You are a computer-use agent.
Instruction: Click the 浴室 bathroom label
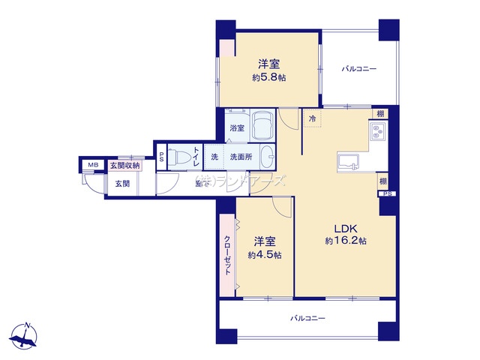[236, 129]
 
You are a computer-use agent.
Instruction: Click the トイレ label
[196, 157]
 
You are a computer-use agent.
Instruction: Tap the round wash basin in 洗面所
[266, 157]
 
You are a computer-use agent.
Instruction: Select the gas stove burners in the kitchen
[376, 134]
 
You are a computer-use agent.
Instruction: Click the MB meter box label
[93, 165]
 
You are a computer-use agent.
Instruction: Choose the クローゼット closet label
[227, 255]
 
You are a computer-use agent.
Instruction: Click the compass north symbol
[26, 336]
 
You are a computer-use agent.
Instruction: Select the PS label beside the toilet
[161, 157]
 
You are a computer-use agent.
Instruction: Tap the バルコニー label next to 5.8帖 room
[359, 69]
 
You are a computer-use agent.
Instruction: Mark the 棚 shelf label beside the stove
[382, 113]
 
